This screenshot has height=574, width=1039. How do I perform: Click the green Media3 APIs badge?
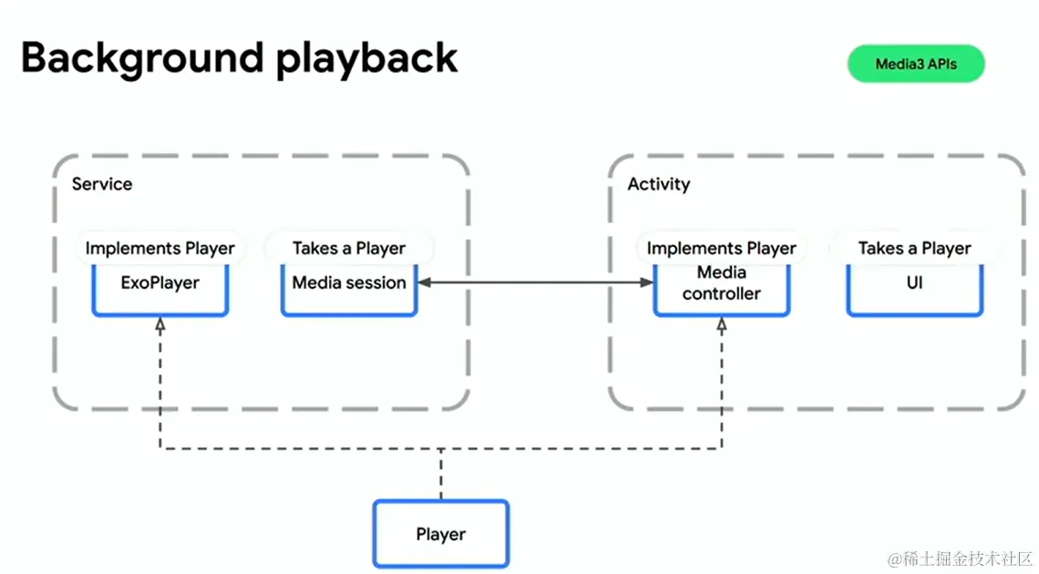916,64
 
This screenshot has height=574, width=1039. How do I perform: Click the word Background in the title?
142,59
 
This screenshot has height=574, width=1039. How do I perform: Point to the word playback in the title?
366,59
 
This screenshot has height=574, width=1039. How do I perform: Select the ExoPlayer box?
160,290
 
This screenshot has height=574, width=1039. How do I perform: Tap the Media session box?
349,290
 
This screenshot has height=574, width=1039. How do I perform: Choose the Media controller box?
722,290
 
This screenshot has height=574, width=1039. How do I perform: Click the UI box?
914,290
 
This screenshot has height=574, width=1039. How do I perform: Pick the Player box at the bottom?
440,534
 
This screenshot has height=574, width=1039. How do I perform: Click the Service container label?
102,184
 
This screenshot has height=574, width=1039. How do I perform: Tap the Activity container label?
659,184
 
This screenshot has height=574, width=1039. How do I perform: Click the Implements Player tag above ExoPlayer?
160,248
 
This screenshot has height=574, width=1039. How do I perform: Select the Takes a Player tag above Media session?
349,248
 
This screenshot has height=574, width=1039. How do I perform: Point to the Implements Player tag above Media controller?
722,248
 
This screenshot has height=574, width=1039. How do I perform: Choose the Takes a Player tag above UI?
914,248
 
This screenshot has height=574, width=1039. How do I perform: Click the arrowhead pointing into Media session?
425,282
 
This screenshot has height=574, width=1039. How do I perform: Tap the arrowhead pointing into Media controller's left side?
647,282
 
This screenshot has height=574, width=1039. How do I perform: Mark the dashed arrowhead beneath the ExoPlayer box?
160,324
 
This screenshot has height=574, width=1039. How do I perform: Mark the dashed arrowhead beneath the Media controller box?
722,324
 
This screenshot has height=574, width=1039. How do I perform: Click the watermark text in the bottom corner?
960,559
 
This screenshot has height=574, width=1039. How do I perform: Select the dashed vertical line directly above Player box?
440,474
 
